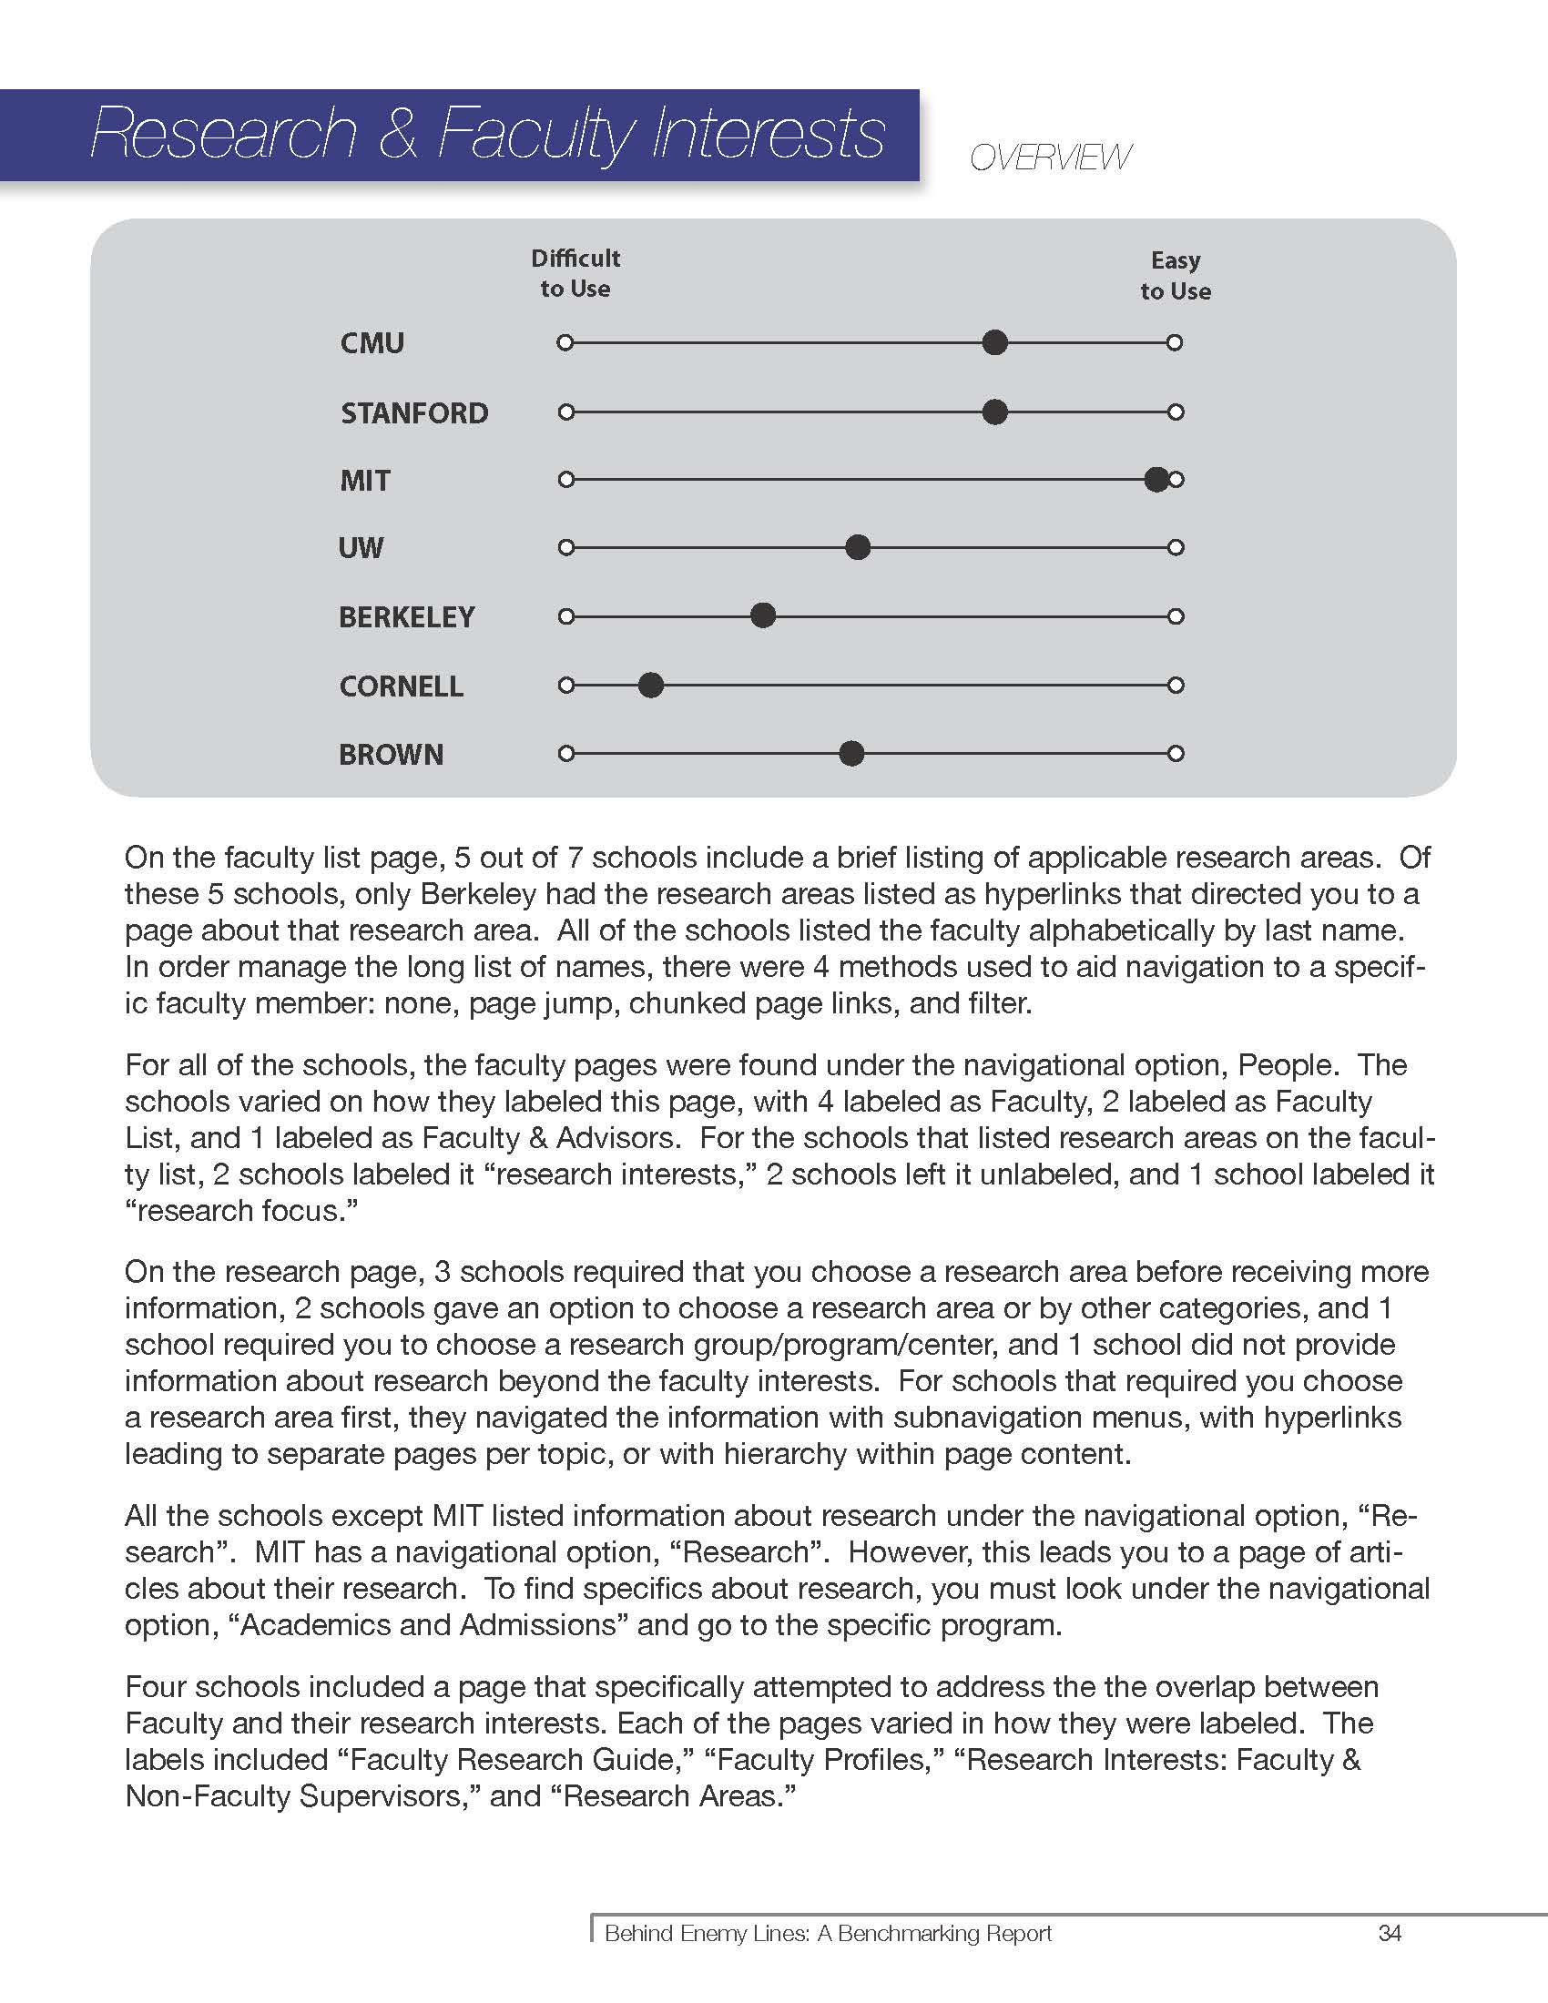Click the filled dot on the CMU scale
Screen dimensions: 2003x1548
995,343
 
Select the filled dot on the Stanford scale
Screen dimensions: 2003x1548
995,412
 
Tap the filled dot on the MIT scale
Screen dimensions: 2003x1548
1156,479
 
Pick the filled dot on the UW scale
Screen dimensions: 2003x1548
858,547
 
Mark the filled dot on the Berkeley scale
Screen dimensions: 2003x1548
763,615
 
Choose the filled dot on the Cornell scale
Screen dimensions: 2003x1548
651,685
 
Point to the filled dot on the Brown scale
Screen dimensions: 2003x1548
852,754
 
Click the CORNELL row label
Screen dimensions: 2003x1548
401,686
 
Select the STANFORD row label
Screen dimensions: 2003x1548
413,412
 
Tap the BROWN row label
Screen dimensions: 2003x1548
391,755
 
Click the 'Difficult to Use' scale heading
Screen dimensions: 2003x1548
575,273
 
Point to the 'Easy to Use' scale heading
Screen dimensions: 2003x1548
1175,275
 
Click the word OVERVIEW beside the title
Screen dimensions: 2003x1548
1050,158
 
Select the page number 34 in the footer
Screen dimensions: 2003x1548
1390,1933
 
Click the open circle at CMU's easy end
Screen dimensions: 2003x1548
1175,343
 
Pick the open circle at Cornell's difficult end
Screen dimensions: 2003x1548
565,685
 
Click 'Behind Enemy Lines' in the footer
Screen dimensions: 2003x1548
706,1933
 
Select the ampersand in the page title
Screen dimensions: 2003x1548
397,134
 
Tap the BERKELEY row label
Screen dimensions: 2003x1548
406,617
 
